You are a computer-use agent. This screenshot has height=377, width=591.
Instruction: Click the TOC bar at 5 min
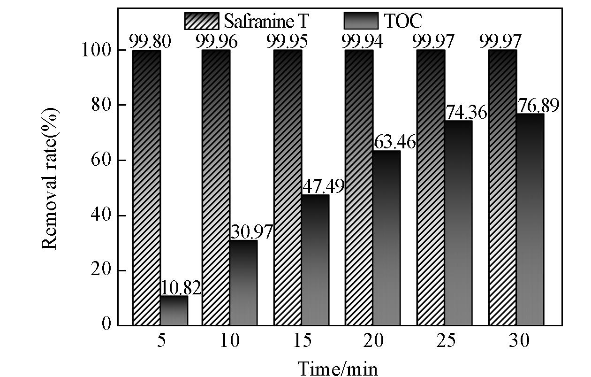pyautogui.click(x=174, y=310)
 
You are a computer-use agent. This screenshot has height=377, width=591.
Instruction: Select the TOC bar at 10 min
pyautogui.click(x=243, y=283)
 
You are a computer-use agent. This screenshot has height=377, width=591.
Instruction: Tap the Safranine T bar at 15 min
pyautogui.click(x=288, y=188)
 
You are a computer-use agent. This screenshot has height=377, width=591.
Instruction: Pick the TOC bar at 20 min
pyautogui.click(x=387, y=238)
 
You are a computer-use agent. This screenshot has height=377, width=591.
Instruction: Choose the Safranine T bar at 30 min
pyautogui.click(x=502, y=188)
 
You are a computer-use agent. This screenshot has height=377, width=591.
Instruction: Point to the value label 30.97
pyautogui.click(x=251, y=232)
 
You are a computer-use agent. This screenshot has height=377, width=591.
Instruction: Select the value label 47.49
pyautogui.click(x=323, y=186)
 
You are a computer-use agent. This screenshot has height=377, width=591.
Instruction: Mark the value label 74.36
pyautogui.click(x=466, y=113)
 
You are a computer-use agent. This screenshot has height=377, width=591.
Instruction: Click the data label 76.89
pyautogui.click(x=538, y=106)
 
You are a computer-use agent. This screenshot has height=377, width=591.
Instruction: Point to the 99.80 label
pyautogui.click(x=150, y=41)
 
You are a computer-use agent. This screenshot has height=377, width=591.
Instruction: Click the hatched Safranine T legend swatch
pyautogui.click(x=202, y=21)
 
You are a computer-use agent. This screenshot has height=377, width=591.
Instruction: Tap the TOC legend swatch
pyautogui.click(x=362, y=21)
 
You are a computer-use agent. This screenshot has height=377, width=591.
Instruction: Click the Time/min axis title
pyautogui.click(x=337, y=368)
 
